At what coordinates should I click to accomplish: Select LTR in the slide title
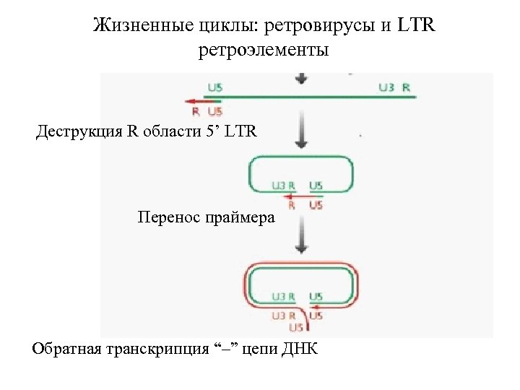pyautogui.click(x=417, y=27)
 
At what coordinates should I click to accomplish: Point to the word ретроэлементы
pyautogui.click(x=263, y=51)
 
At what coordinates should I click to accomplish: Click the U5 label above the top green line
pyautogui.click(x=214, y=88)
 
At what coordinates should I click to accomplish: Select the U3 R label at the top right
pyautogui.click(x=394, y=88)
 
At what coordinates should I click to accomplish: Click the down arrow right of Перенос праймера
pyautogui.click(x=301, y=237)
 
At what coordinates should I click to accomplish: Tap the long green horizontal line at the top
pyautogui.click(x=311, y=96)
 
